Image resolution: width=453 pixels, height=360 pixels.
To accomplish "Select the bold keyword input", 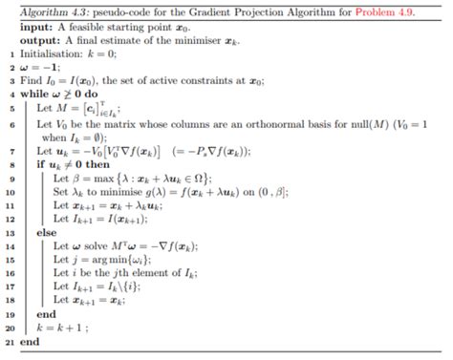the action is [35, 28].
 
